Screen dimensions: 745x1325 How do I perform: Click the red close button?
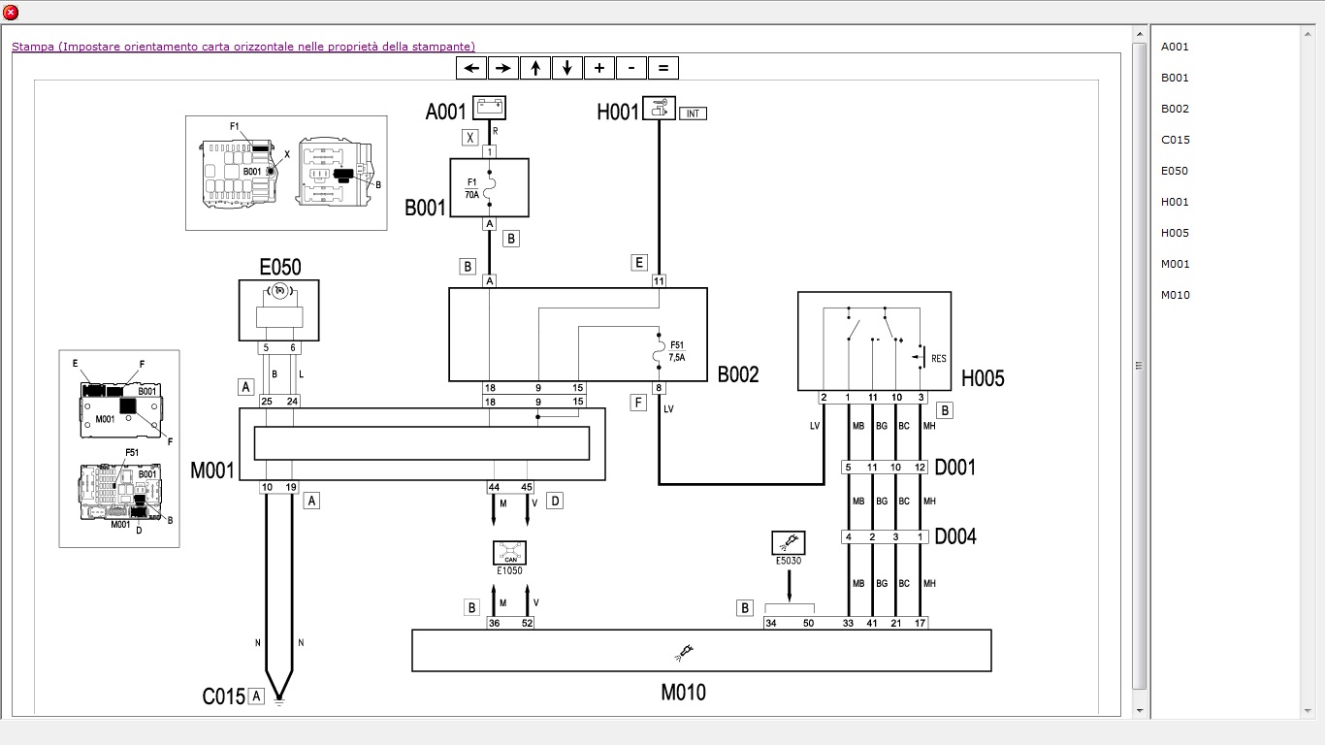pyautogui.click(x=11, y=12)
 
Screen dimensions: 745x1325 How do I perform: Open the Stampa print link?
pyautogui.click(x=242, y=47)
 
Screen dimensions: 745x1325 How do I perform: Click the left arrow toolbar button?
pyautogui.click(x=471, y=68)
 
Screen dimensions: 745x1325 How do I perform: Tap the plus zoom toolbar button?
pyautogui.click(x=599, y=68)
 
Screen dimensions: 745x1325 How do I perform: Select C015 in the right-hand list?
pyautogui.click(x=1175, y=140)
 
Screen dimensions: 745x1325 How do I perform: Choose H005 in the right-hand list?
pyautogui.click(x=1175, y=233)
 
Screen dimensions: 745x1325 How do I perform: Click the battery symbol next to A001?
pyautogui.click(x=489, y=107)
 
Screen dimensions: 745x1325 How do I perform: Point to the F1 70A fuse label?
pyautogui.click(x=472, y=188)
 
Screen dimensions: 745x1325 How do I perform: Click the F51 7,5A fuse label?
pyautogui.click(x=676, y=351)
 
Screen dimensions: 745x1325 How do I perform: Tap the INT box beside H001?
pyautogui.click(x=693, y=113)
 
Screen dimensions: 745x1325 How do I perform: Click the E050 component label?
pyautogui.click(x=279, y=267)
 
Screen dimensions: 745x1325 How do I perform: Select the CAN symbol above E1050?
pyautogui.click(x=509, y=553)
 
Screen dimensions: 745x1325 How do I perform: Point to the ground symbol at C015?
pyautogui.click(x=279, y=699)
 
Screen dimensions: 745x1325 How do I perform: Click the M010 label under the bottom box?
pyautogui.click(x=683, y=693)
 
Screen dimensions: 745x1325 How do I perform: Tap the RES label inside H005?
pyautogui.click(x=938, y=359)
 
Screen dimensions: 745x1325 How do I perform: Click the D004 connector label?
pyautogui.click(x=955, y=536)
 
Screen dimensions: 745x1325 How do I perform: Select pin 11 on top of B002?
pyautogui.click(x=659, y=281)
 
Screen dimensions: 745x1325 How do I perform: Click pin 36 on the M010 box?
pyautogui.click(x=494, y=623)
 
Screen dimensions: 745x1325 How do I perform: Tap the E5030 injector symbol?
pyautogui.click(x=788, y=542)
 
